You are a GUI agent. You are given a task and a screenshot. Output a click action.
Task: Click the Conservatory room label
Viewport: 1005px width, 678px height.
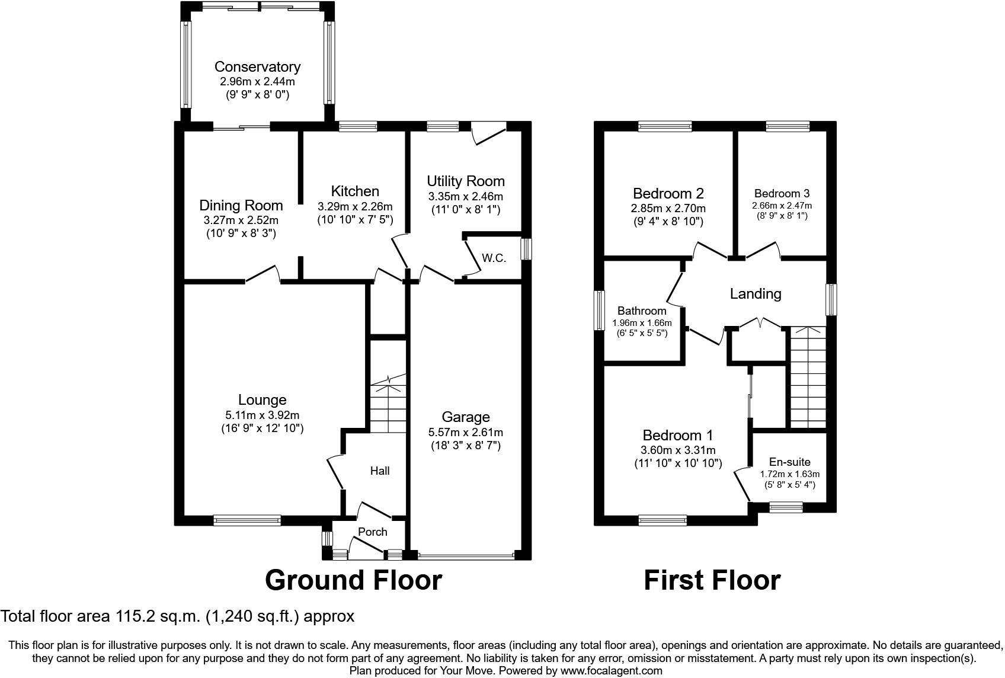tap(257, 67)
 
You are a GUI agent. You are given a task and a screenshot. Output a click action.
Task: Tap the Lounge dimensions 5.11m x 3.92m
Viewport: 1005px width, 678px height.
tap(262, 415)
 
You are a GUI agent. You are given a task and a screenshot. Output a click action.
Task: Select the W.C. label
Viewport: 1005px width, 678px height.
tap(494, 258)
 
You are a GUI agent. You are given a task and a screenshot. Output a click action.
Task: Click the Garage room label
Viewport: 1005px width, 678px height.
tap(466, 417)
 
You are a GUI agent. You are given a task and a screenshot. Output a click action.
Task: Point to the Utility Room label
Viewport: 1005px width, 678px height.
tap(466, 181)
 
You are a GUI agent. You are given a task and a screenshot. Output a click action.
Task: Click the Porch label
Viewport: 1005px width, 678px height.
tap(373, 532)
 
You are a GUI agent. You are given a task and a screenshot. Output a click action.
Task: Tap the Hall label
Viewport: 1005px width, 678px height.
tap(380, 471)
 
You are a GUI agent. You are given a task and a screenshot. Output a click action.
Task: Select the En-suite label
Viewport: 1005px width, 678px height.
tap(789, 462)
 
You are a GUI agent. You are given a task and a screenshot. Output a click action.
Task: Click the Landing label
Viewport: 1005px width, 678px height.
tap(755, 294)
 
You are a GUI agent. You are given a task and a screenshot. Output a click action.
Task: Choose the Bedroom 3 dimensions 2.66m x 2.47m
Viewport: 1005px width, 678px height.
tap(782, 206)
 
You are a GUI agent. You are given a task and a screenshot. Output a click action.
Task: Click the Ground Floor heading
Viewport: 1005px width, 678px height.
tap(353, 580)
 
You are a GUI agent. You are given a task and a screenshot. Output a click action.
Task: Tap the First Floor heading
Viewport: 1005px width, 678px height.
tap(712, 580)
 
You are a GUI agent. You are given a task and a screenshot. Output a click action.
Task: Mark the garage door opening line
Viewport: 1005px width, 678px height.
tap(466, 557)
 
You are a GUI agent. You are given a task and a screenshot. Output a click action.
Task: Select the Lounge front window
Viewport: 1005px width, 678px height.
tap(247, 520)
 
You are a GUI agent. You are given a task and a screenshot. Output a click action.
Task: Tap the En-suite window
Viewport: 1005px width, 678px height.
tap(786, 507)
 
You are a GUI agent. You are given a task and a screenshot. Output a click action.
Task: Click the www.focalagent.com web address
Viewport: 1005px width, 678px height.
tap(612, 671)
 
